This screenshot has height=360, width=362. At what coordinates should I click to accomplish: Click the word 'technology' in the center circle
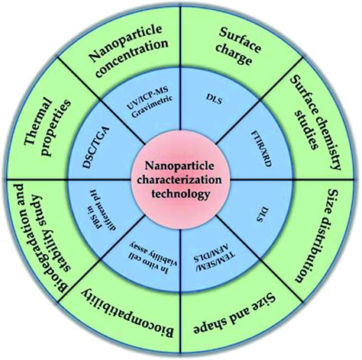[x=180, y=195]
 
